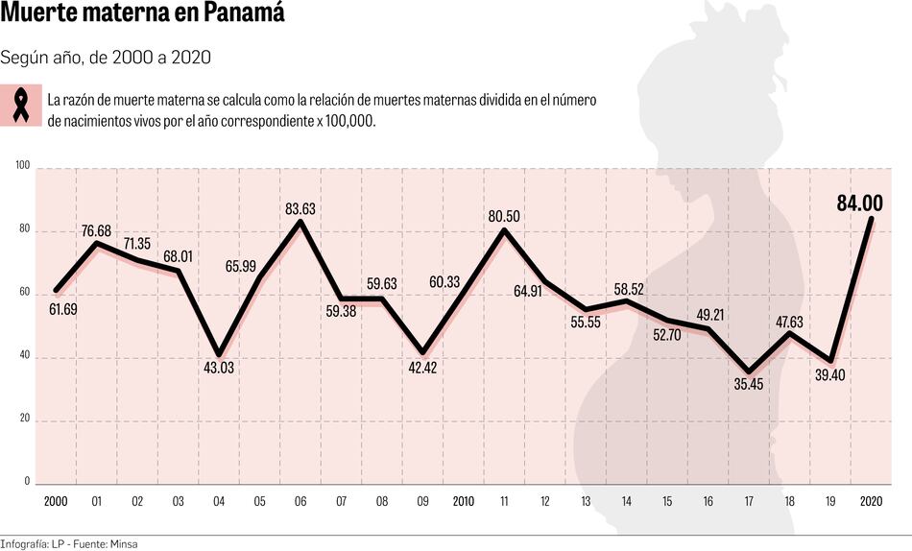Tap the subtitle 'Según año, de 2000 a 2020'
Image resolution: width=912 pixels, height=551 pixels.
click(x=106, y=58)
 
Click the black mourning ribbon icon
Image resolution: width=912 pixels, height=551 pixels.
click(x=21, y=106)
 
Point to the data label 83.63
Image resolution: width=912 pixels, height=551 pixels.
click(x=300, y=208)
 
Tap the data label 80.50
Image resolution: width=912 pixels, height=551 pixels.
click(x=504, y=217)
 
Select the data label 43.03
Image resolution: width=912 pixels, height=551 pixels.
click(x=219, y=369)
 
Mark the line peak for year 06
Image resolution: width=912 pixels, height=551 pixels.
click(x=300, y=222)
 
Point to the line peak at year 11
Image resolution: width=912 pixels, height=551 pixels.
click(x=504, y=230)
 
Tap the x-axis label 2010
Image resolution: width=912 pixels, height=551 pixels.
click(x=463, y=502)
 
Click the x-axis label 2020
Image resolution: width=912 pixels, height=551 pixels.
click(x=871, y=502)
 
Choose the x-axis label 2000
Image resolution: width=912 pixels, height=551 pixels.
click(x=56, y=502)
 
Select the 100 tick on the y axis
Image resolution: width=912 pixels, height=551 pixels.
click(x=23, y=166)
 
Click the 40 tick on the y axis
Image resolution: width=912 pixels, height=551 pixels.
click(x=25, y=356)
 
